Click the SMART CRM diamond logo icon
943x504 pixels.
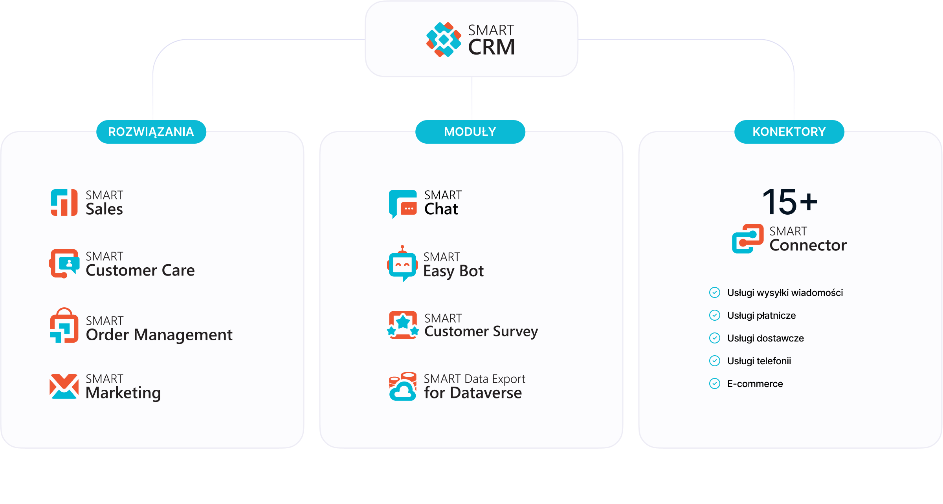[x=444, y=40]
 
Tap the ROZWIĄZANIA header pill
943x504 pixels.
[x=151, y=132]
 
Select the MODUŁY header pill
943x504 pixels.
[x=470, y=132]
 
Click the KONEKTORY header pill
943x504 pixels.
[x=789, y=132]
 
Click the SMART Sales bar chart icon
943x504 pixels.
[x=64, y=203]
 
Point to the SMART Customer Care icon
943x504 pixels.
[x=64, y=263]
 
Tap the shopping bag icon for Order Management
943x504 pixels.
[x=64, y=325]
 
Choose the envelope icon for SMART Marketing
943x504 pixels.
[x=64, y=386]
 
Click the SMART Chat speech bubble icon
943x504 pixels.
[x=403, y=204]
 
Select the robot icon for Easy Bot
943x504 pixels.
[x=402, y=264]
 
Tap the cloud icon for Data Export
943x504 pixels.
[x=402, y=387]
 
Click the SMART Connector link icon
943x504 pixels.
[x=748, y=239]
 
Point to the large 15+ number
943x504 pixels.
[x=789, y=202]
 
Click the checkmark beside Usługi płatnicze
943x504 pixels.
[x=715, y=315]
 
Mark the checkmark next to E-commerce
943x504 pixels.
[x=715, y=383]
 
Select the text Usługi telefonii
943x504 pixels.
[x=759, y=361]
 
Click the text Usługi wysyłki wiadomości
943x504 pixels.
[x=785, y=293]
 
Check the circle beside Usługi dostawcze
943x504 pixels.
[x=715, y=338]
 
